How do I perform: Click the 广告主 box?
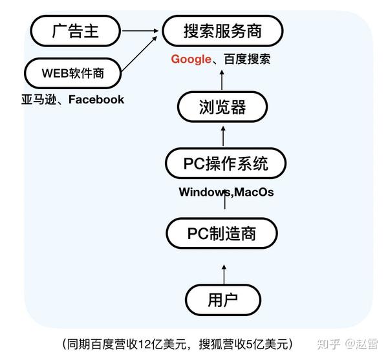[x=76, y=31]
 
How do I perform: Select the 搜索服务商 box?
[x=222, y=31]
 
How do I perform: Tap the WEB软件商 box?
[x=72, y=73]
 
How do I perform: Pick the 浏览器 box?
[x=222, y=107]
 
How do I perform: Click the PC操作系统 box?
[x=226, y=163]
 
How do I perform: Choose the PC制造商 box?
[x=222, y=233]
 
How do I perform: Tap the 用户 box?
[x=223, y=300]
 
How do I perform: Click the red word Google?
[x=191, y=59]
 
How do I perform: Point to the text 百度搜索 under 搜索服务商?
[x=247, y=59]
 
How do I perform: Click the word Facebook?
[x=96, y=100]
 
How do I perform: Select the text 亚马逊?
[x=39, y=100]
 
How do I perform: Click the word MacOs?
[x=253, y=192]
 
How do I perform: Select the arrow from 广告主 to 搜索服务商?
[x=140, y=31]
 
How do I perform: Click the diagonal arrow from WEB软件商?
[x=139, y=54]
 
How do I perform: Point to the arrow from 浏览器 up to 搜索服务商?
[x=222, y=80]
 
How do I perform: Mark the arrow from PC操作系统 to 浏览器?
[x=223, y=136]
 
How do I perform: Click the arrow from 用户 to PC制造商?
[x=224, y=275]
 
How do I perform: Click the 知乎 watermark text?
[x=328, y=344]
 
